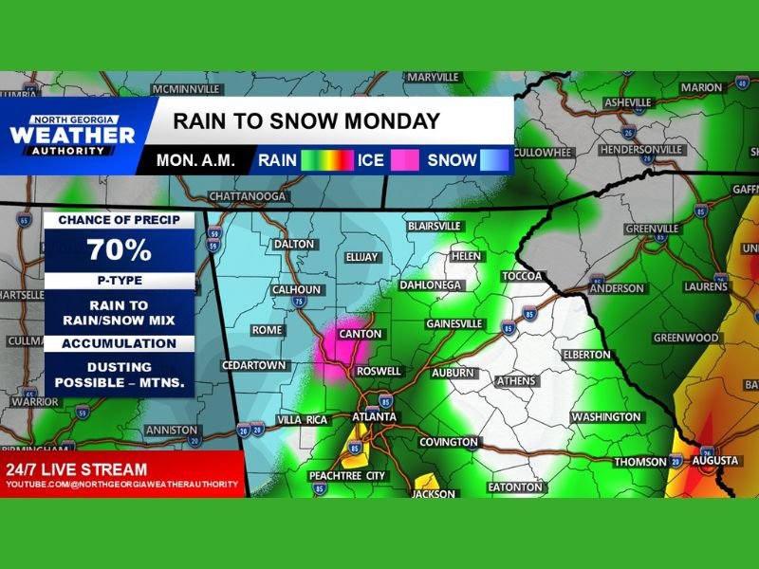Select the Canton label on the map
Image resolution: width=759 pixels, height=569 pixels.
(361, 334)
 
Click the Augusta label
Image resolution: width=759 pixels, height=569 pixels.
(715, 461)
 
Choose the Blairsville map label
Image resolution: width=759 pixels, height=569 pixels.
(434, 227)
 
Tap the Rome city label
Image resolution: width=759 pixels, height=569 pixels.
(267, 330)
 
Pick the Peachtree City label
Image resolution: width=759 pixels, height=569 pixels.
(347, 474)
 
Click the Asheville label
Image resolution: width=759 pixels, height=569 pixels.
(628, 102)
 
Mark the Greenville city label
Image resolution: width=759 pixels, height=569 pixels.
(652, 229)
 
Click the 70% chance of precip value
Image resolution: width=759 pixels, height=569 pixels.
(119, 250)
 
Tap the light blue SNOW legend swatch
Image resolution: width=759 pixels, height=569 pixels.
(492, 160)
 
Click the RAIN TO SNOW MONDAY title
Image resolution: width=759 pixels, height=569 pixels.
(305, 121)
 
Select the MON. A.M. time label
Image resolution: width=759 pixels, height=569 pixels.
(195, 160)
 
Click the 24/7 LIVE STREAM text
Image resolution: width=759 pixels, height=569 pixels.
(77, 469)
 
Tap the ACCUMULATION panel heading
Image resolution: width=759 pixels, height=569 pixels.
(119, 344)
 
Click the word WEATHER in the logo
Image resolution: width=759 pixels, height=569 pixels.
(72, 136)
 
